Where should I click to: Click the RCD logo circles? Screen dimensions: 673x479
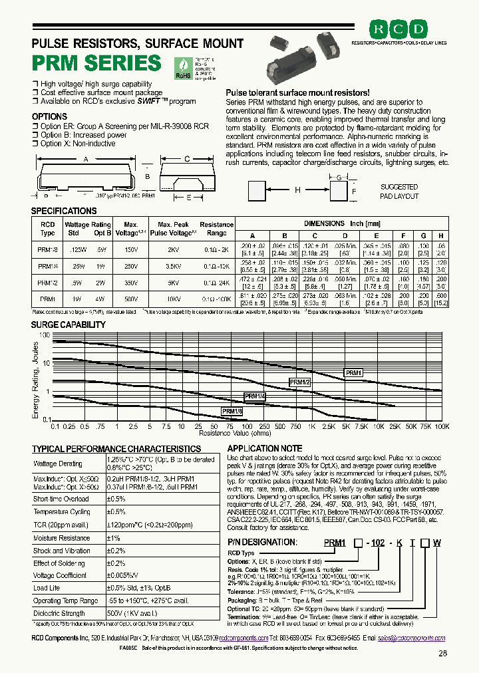click(x=399, y=30)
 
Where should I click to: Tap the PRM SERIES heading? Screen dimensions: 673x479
click(x=96, y=63)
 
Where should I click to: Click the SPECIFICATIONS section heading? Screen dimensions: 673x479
click(x=65, y=211)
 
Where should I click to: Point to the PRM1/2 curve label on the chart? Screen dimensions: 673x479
click(x=300, y=382)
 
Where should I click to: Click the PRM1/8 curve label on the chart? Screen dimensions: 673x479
click(x=232, y=412)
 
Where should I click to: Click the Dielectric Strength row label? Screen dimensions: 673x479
click(x=59, y=613)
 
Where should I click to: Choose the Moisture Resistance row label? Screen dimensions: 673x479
click(x=61, y=538)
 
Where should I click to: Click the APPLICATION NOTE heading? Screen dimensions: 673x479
click(x=265, y=449)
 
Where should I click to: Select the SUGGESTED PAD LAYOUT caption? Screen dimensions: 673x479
click(x=399, y=192)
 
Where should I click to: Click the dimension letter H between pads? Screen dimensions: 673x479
click(x=297, y=190)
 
